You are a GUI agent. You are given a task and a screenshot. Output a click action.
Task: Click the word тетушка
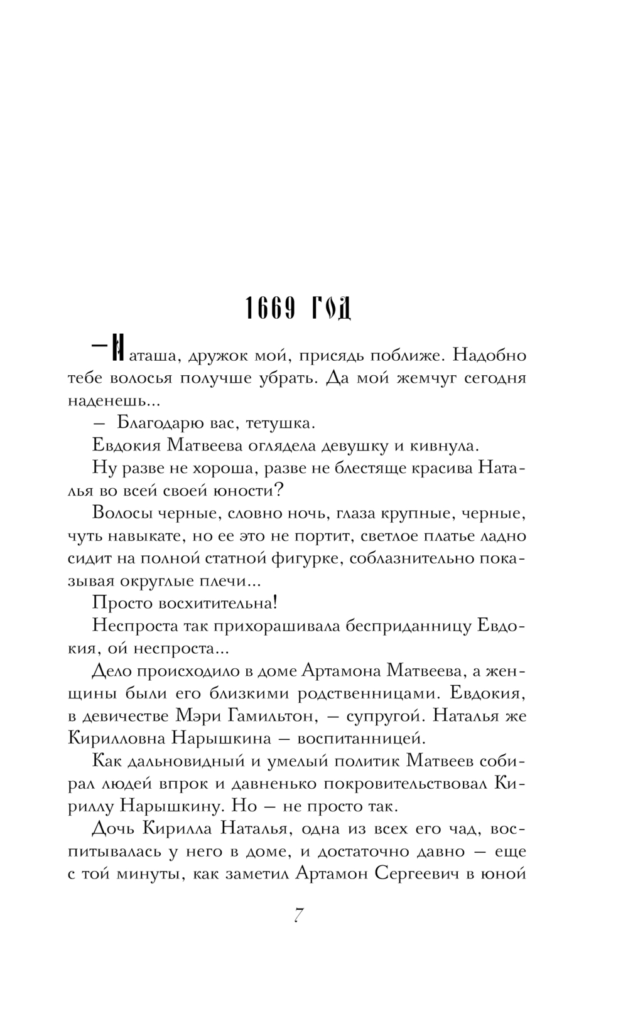coord(279,424)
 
